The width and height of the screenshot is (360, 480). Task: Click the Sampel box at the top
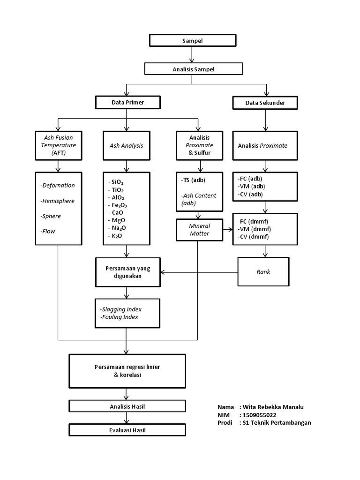tap(192, 41)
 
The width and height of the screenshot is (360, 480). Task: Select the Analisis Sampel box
tap(194, 69)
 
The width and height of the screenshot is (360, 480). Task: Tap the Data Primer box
tap(127, 102)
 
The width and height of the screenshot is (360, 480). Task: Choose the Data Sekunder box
tap(266, 102)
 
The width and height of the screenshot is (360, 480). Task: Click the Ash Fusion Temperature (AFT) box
tap(58, 145)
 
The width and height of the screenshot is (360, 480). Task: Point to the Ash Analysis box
tap(127, 145)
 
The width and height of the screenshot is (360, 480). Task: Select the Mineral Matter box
tap(199, 230)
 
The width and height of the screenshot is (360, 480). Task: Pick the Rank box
tap(263, 271)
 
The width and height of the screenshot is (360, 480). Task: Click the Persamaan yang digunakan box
tap(127, 272)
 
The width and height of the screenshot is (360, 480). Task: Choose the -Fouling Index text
tap(119, 317)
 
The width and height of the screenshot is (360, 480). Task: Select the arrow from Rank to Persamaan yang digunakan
tap(199, 272)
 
